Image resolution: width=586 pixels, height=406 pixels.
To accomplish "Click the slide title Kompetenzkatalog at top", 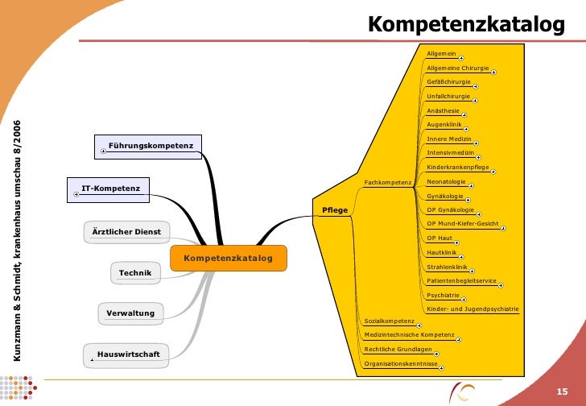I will [x=466, y=25].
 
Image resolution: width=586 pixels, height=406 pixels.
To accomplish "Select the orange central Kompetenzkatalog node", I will [x=229, y=259].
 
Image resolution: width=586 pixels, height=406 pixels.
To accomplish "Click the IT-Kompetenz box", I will [x=111, y=189].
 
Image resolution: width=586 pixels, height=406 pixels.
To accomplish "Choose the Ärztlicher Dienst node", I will [x=126, y=232].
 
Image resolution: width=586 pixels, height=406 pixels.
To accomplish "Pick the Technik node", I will [x=135, y=274].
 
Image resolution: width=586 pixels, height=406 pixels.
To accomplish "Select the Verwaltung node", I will [x=130, y=312].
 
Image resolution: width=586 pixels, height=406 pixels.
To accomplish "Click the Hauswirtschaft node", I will [x=128, y=354].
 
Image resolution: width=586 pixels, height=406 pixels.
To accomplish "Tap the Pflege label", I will [x=335, y=210].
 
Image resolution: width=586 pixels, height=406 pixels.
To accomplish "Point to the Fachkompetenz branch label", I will [x=388, y=183].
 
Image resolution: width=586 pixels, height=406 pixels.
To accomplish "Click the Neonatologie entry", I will [x=446, y=182].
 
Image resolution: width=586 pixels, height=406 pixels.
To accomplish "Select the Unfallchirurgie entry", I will [x=448, y=96].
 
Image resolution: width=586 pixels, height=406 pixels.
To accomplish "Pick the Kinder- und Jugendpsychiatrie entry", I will [x=473, y=309].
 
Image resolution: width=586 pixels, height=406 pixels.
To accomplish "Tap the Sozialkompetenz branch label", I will [x=390, y=321].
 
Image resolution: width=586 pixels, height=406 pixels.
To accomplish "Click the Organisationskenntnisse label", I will [x=401, y=364].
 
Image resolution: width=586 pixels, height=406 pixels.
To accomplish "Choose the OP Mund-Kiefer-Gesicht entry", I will [x=463, y=223].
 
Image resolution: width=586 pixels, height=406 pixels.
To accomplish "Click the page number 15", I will [x=563, y=391].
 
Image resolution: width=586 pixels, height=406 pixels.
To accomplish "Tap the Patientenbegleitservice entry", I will [x=462, y=280].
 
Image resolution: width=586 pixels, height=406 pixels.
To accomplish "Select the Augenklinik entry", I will [x=443, y=125].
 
